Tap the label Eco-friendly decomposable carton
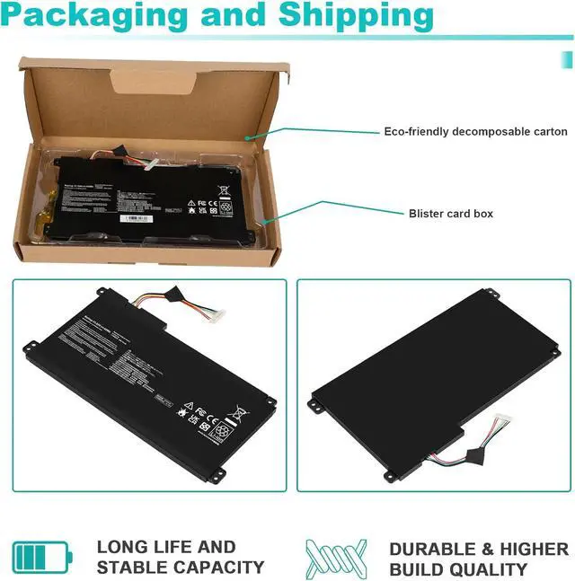pyautogui.click(x=475, y=131)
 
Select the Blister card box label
pyautogui.click(x=450, y=214)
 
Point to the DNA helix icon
pyautogui.click(x=336, y=557)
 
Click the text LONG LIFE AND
pyautogui.click(x=166, y=547)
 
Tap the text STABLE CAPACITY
pyautogui.click(x=181, y=568)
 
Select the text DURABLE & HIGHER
pyautogui.click(x=478, y=549)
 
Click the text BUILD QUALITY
pyautogui.click(x=458, y=569)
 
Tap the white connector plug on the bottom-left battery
pyautogui.click(x=216, y=315)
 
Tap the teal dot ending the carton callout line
pyautogui.click(x=246, y=137)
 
